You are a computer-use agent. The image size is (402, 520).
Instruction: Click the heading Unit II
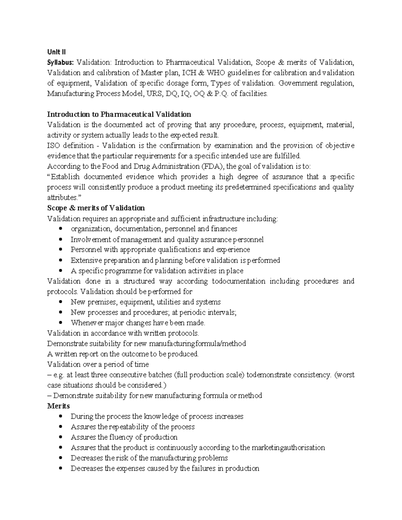[x=56, y=52]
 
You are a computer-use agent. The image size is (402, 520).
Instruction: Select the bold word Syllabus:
[x=61, y=62]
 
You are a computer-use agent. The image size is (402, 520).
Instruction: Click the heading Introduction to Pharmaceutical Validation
[x=119, y=115]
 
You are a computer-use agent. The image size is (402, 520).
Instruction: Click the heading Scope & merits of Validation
[x=96, y=208]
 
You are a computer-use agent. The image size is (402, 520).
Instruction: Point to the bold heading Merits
[x=58, y=406]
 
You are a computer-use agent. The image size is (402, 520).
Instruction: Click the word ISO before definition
[x=54, y=146]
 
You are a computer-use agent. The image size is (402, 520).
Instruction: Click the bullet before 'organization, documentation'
[x=60, y=229]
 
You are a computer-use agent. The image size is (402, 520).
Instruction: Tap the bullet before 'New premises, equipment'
[x=60, y=302]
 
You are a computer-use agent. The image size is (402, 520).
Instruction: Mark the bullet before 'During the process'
[x=60, y=417]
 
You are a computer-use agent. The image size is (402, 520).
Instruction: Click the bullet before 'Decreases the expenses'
[x=60, y=468]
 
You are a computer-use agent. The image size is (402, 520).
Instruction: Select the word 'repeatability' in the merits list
[x=129, y=427]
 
